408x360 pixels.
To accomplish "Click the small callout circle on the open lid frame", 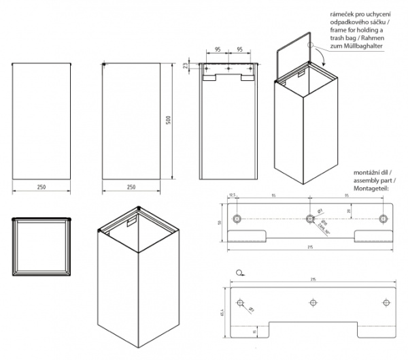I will pyautogui.click(x=309, y=45).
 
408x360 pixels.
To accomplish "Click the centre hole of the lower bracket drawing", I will pyautogui.click(x=313, y=303).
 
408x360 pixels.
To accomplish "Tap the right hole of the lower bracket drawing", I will pyautogui.click(x=384, y=303).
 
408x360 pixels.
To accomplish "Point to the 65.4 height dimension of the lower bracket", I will pyautogui.click(x=222, y=313).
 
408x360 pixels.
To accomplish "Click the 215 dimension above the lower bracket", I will pyautogui.click(x=314, y=279).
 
